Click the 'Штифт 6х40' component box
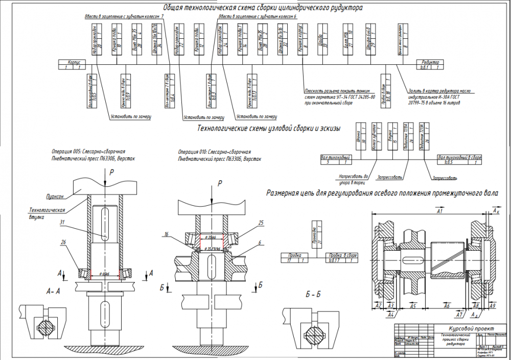(368, 36)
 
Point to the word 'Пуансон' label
(54, 196)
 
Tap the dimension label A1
(439, 210)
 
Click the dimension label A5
(413, 306)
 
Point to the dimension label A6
(447, 306)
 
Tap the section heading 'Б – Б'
(313, 295)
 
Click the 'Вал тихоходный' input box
(335, 160)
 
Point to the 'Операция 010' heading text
(215, 152)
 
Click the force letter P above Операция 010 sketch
(220, 183)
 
